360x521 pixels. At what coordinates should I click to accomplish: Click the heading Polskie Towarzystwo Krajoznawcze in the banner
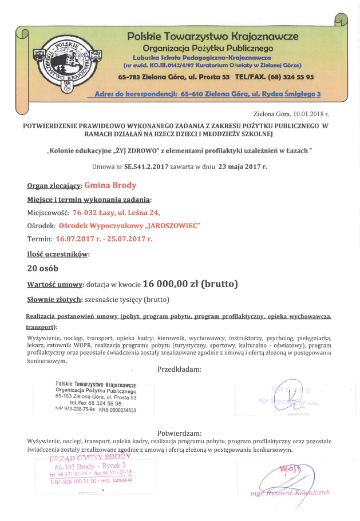click(x=213, y=37)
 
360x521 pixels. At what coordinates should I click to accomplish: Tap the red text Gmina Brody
click(x=110, y=185)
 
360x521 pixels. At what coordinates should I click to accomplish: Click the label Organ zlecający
click(x=54, y=186)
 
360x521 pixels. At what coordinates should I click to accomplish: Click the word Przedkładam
click(x=179, y=369)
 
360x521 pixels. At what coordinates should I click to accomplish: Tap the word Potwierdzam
click(x=180, y=432)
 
